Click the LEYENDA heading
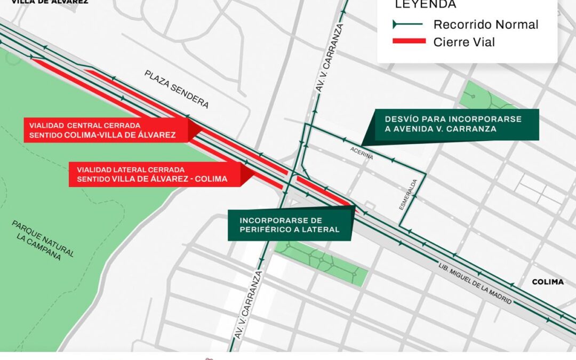[x=425, y=4]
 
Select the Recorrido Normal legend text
[x=486, y=25]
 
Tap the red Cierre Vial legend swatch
[x=409, y=42]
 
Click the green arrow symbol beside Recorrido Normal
[x=407, y=25]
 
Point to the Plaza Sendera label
[x=176, y=89]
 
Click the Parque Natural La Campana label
[x=43, y=240]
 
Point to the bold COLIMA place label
[x=548, y=282]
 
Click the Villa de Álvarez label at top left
[x=50, y=2]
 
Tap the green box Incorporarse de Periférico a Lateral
[x=290, y=225]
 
